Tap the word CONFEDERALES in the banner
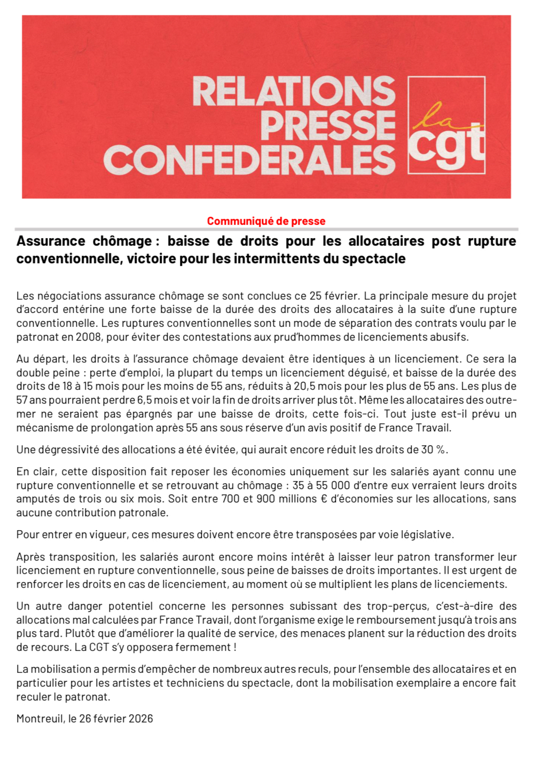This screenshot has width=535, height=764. tap(249, 160)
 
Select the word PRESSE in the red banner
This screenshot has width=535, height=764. tap(328, 125)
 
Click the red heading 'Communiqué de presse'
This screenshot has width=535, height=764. tap(266, 221)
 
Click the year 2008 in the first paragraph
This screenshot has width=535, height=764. tap(88, 337)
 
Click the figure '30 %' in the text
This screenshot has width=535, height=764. tap(433, 450)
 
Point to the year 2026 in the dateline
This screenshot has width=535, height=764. tap(140, 719)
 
